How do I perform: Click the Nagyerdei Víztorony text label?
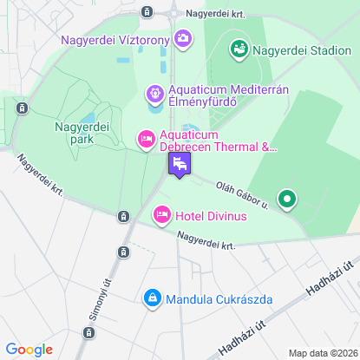tap(115, 39)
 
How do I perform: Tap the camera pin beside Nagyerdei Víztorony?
tap(183, 38)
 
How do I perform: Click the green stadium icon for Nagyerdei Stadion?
tap(239, 49)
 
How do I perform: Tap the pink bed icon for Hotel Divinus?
tap(161, 214)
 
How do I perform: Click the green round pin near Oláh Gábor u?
tap(286, 200)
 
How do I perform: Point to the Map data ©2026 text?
tap(322, 352)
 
